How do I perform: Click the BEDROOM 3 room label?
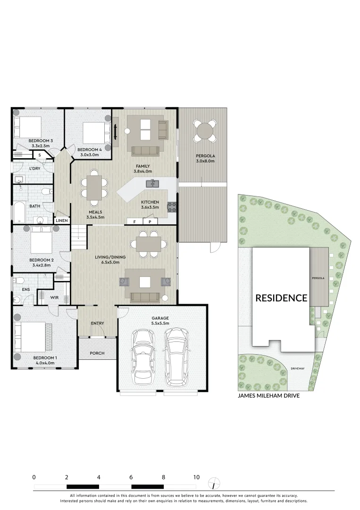[41, 141]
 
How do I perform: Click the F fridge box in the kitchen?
[134, 221]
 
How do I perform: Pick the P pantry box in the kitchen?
[150, 221]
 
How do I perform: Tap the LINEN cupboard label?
[62, 221]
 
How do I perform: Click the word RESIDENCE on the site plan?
[281, 298]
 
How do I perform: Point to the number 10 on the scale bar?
[196, 477]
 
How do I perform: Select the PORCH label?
[97, 353]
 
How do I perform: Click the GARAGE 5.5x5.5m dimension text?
[160, 323]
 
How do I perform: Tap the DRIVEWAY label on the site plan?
[297, 368]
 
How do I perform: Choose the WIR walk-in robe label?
[54, 297]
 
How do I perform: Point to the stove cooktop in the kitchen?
[172, 206]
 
